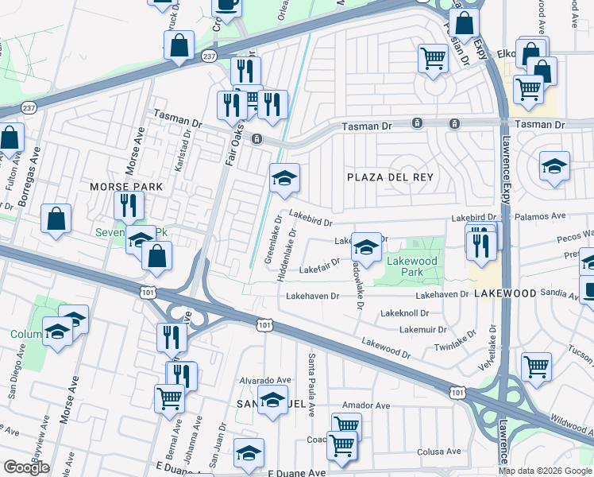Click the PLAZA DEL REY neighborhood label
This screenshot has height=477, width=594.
pos(389,176)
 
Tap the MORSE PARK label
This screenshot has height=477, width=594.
pos(125,187)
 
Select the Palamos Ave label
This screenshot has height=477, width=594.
pos(540,215)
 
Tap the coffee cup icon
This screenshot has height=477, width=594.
pos(227,6)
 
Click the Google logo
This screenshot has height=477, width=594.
pos(26,467)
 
